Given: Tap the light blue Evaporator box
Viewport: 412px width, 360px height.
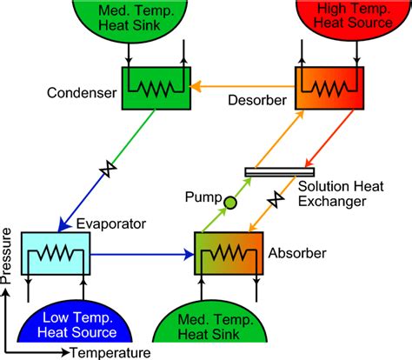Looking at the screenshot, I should (54, 255).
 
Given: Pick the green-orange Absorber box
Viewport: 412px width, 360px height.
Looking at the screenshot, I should (227, 255).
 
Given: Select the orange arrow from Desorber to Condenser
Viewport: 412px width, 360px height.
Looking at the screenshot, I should (243, 86).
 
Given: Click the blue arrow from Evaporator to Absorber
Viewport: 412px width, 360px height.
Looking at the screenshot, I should (139, 256).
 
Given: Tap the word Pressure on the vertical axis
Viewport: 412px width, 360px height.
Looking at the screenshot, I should (8, 257).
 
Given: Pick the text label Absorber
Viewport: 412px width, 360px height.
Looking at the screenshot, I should (297, 254).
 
